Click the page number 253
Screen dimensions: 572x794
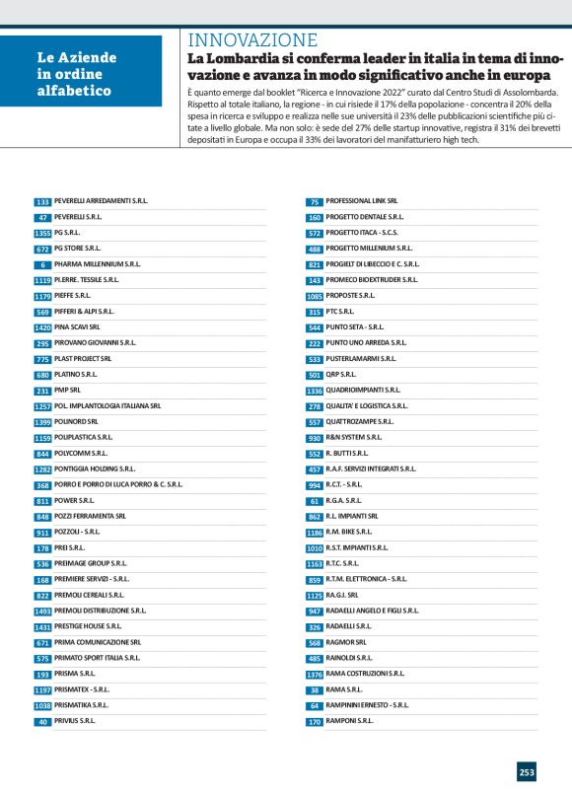[x=527, y=771]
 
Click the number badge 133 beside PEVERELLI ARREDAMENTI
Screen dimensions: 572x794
[x=42, y=201]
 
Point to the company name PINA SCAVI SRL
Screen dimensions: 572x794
[x=77, y=326]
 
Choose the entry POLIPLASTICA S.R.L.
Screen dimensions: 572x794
[x=84, y=437]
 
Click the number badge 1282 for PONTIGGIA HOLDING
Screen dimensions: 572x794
[x=42, y=469]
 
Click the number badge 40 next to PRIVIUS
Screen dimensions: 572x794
[x=42, y=721]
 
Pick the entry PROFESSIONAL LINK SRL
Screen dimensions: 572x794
[x=362, y=200]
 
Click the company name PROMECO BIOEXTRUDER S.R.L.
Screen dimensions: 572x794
[x=372, y=279]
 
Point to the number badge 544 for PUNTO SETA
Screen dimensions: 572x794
[x=315, y=326]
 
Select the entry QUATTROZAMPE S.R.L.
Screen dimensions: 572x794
[x=360, y=421]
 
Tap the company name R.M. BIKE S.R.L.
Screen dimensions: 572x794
[x=354, y=532]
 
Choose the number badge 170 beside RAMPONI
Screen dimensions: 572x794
[x=315, y=721]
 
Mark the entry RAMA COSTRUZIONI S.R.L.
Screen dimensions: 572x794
[x=365, y=674]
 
